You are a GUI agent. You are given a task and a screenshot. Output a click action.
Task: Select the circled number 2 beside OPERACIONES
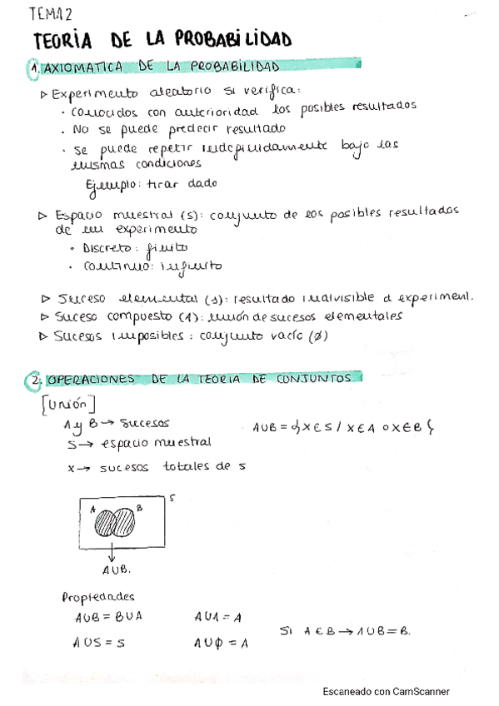[33, 380]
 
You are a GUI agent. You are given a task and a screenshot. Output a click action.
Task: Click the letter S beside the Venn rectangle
[171, 498]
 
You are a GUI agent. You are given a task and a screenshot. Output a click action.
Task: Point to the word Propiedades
[98, 596]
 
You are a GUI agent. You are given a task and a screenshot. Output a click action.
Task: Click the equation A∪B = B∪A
[111, 617]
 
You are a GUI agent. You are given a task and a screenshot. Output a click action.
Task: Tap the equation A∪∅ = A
[221, 642]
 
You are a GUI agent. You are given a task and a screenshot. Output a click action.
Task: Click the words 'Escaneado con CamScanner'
[386, 691]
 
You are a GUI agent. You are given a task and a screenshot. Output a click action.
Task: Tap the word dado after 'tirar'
[202, 183]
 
